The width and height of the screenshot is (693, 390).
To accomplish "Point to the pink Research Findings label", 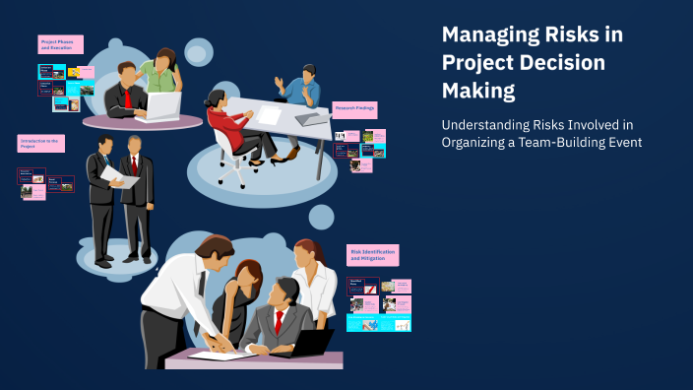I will pyautogui.click(x=356, y=109).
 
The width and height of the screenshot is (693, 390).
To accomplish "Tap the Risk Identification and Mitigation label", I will pyautogui.click(x=372, y=256).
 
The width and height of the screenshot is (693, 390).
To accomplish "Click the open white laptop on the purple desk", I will pyautogui.click(x=163, y=104).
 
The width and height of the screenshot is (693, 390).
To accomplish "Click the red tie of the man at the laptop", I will pyautogui.click(x=128, y=98).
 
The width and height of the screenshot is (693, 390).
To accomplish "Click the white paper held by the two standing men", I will pyautogui.click(x=117, y=175).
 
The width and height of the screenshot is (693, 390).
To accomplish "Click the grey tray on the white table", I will pyautogui.click(x=312, y=118).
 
